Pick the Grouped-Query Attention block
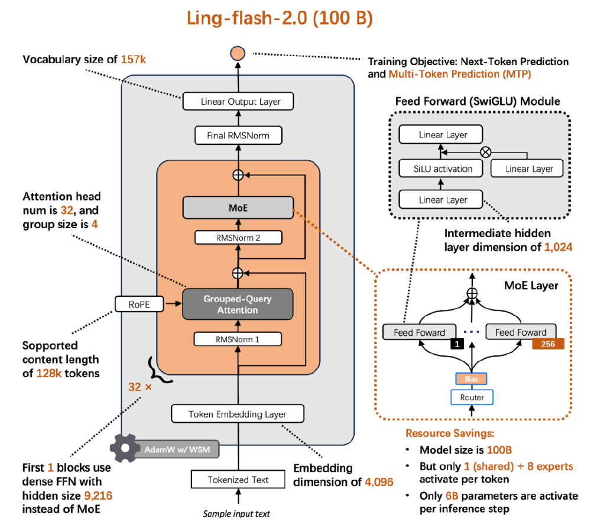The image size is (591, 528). pos(239,304)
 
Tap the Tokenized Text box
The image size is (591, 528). pos(238,480)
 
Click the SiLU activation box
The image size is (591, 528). pos(443,169)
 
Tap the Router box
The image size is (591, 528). pos(472,397)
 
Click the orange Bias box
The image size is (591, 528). pos(472,378)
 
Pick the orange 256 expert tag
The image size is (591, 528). pos(548,344)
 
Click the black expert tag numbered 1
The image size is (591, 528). pos(456,344)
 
